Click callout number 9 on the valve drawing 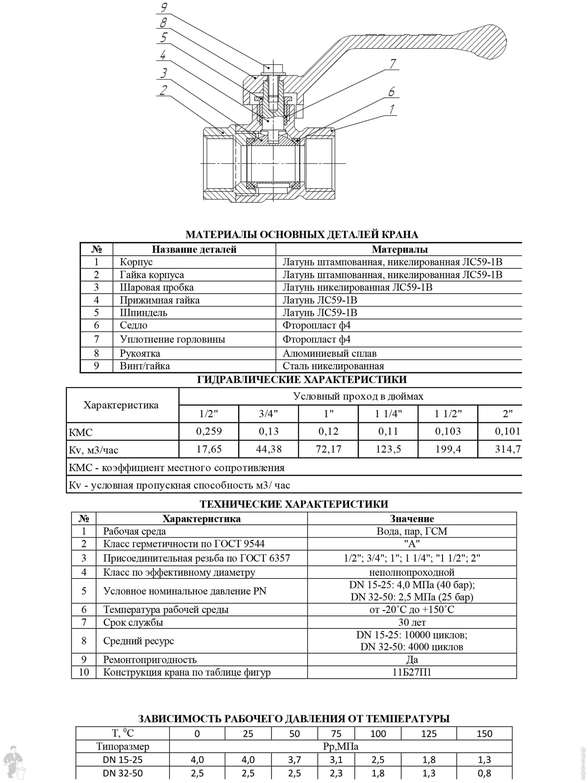pos(164,8)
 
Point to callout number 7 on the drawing pos(393,64)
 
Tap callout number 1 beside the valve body pos(392,109)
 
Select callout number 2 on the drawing pos(163,90)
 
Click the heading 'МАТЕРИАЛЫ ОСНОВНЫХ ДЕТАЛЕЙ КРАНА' pos(302,234)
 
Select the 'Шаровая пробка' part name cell pos(157,287)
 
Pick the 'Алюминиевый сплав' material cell pos(329,353)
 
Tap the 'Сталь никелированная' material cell pos(333,366)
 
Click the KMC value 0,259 pos(209,431)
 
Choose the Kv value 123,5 pos(388,449)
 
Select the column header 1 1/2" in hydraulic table pos(448,413)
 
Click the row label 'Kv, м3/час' pos(93,450)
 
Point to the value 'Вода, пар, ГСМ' pos(412,531)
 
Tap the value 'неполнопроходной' pos(412,572)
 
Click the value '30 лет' pos(412,622)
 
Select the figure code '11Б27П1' pos(412,672)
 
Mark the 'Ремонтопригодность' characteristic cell pos(150,659)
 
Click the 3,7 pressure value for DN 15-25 pos(294,760)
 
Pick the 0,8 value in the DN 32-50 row pos(484,774)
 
